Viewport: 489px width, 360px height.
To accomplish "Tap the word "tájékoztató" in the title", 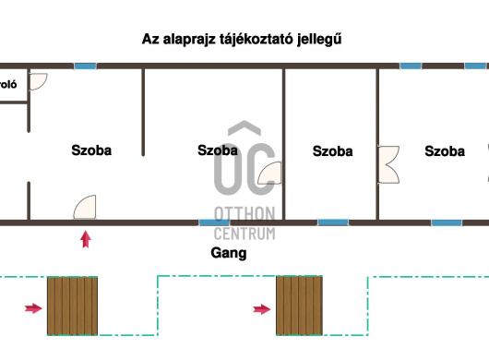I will pyautogui.click(x=251, y=40).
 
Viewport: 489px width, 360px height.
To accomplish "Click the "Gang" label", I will pyautogui.click(x=229, y=252).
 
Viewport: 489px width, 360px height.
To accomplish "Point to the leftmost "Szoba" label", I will pyautogui.click(x=91, y=150).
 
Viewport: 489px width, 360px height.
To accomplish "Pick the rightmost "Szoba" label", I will pyautogui.click(x=445, y=151).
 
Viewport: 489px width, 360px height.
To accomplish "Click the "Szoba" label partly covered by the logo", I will pyautogui.click(x=218, y=150).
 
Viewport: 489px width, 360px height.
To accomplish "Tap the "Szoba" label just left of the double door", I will pyautogui.click(x=332, y=151).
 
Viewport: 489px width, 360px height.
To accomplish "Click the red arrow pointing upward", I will pyautogui.click(x=86, y=240).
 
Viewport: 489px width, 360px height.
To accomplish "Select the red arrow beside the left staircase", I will pyautogui.click(x=32, y=308).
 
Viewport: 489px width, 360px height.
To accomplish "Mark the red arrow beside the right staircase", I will pyautogui.click(x=261, y=308).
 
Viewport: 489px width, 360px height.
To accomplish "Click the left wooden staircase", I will pyautogui.click(x=72, y=306).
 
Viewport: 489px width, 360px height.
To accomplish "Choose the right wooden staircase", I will pyautogui.click(x=300, y=306).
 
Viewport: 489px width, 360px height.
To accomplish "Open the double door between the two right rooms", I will pyautogui.click(x=388, y=164).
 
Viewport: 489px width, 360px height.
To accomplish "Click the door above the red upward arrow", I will pyautogui.click(x=86, y=207).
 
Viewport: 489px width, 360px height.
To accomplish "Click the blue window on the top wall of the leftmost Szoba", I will pyautogui.click(x=85, y=66).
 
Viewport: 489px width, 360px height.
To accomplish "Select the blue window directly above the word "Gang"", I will pyautogui.click(x=214, y=222).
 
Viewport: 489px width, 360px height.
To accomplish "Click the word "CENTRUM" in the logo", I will pyautogui.click(x=244, y=233).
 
